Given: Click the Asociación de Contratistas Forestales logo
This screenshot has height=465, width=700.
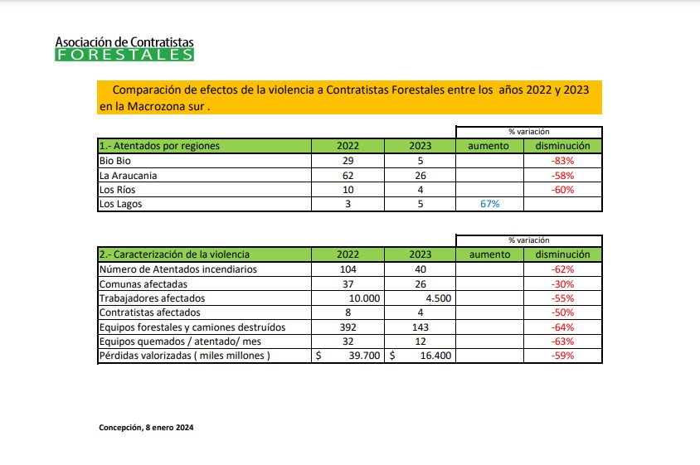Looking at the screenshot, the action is point(124,49).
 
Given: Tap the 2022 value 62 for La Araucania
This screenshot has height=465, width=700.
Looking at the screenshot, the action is point(348,176).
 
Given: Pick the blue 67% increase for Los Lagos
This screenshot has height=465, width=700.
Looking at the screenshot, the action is point(489,204).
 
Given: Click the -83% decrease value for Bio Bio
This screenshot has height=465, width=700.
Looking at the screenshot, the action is point(562,161).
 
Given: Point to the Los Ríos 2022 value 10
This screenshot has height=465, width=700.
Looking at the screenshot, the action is point(348,190).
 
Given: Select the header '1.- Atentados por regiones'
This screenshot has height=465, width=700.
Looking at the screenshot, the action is point(159,146).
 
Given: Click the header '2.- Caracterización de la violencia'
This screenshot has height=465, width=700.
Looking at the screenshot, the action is point(174,254).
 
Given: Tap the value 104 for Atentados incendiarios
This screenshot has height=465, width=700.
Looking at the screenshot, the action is point(348,269).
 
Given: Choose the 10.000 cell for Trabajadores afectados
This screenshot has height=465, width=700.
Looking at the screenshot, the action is point(365,298).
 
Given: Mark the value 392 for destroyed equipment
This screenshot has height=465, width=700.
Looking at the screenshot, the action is point(348,327).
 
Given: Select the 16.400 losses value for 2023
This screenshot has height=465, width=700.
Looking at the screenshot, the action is point(435,356).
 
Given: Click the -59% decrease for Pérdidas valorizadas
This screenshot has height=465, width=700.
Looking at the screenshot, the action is point(562,356).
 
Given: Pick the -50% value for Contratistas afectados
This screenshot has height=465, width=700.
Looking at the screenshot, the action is point(562,312).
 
